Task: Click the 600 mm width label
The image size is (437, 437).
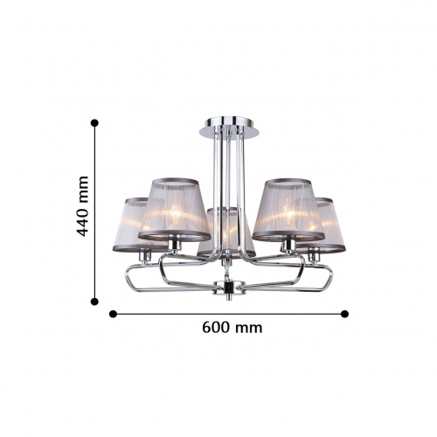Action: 232,328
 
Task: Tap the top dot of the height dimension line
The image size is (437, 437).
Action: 94,123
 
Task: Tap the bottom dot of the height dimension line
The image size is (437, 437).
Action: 94,302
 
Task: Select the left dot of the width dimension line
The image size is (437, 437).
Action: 113,314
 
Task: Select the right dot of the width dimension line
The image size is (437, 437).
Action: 344,314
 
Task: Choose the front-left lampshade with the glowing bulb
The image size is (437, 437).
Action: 174,209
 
